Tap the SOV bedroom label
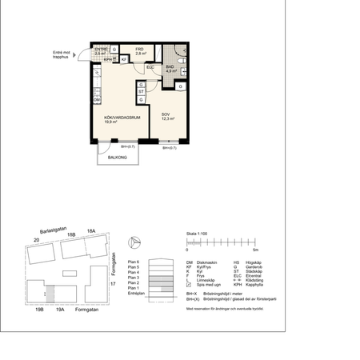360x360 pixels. coord(166,116)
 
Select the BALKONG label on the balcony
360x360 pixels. coord(118,157)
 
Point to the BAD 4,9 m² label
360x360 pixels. coord(170,69)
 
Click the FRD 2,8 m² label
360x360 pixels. coord(139,50)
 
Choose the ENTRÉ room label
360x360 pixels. coord(101,50)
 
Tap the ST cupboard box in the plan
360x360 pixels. coord(141,92)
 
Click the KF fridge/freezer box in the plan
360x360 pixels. coord(124,59)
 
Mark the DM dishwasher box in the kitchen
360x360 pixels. coord(96,99)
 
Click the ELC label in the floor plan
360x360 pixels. coord(150,67)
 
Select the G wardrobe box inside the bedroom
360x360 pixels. coord(181,86)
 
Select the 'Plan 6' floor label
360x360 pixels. coord(134,261)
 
